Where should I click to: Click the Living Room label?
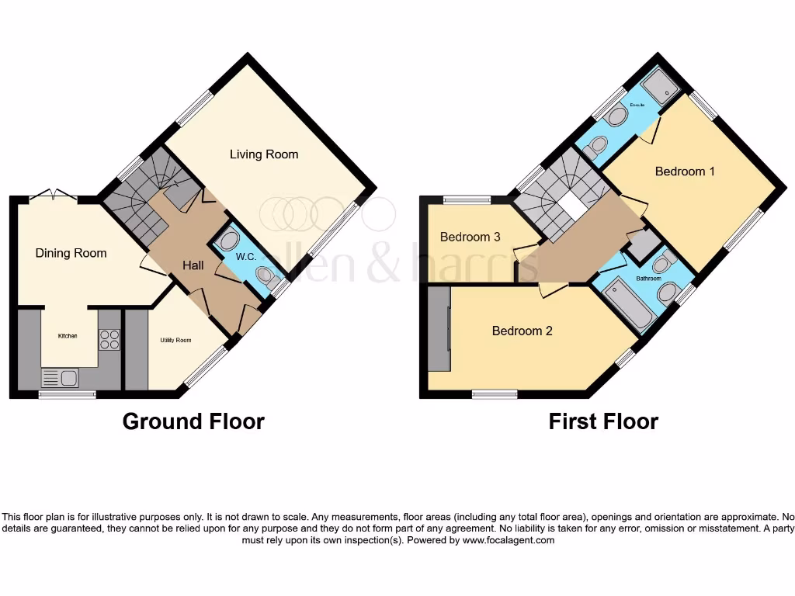pyautogui.click(x=264, y=154)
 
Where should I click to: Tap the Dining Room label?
pyautogui.click(x=71, y=253)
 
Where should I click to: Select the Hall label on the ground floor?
pyautogui.click(x=193, y=265)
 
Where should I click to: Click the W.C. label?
pyautogui.click(x=237, y=256)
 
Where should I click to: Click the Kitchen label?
pyautogui.click(x=68, y=336)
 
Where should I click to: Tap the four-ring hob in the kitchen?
pyautogui.click(x=109, y=339)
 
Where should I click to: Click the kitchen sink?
pyautogui.click(x=61, y=378)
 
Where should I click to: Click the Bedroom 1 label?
pyautogui.click(x=685, y=172)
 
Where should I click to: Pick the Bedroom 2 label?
pyautogui.click(x=522, y=331)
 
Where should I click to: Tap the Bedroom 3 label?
pyautogui.click(x=470, y=237)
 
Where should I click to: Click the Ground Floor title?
pyautogui.click(x=193, y=421)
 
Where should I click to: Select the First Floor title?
pyautogui.click(x=603, y=421)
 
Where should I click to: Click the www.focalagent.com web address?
pyautogui.click(x=509, y=540)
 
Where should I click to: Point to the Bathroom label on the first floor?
pyautogui.click(x=648, y=278)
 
